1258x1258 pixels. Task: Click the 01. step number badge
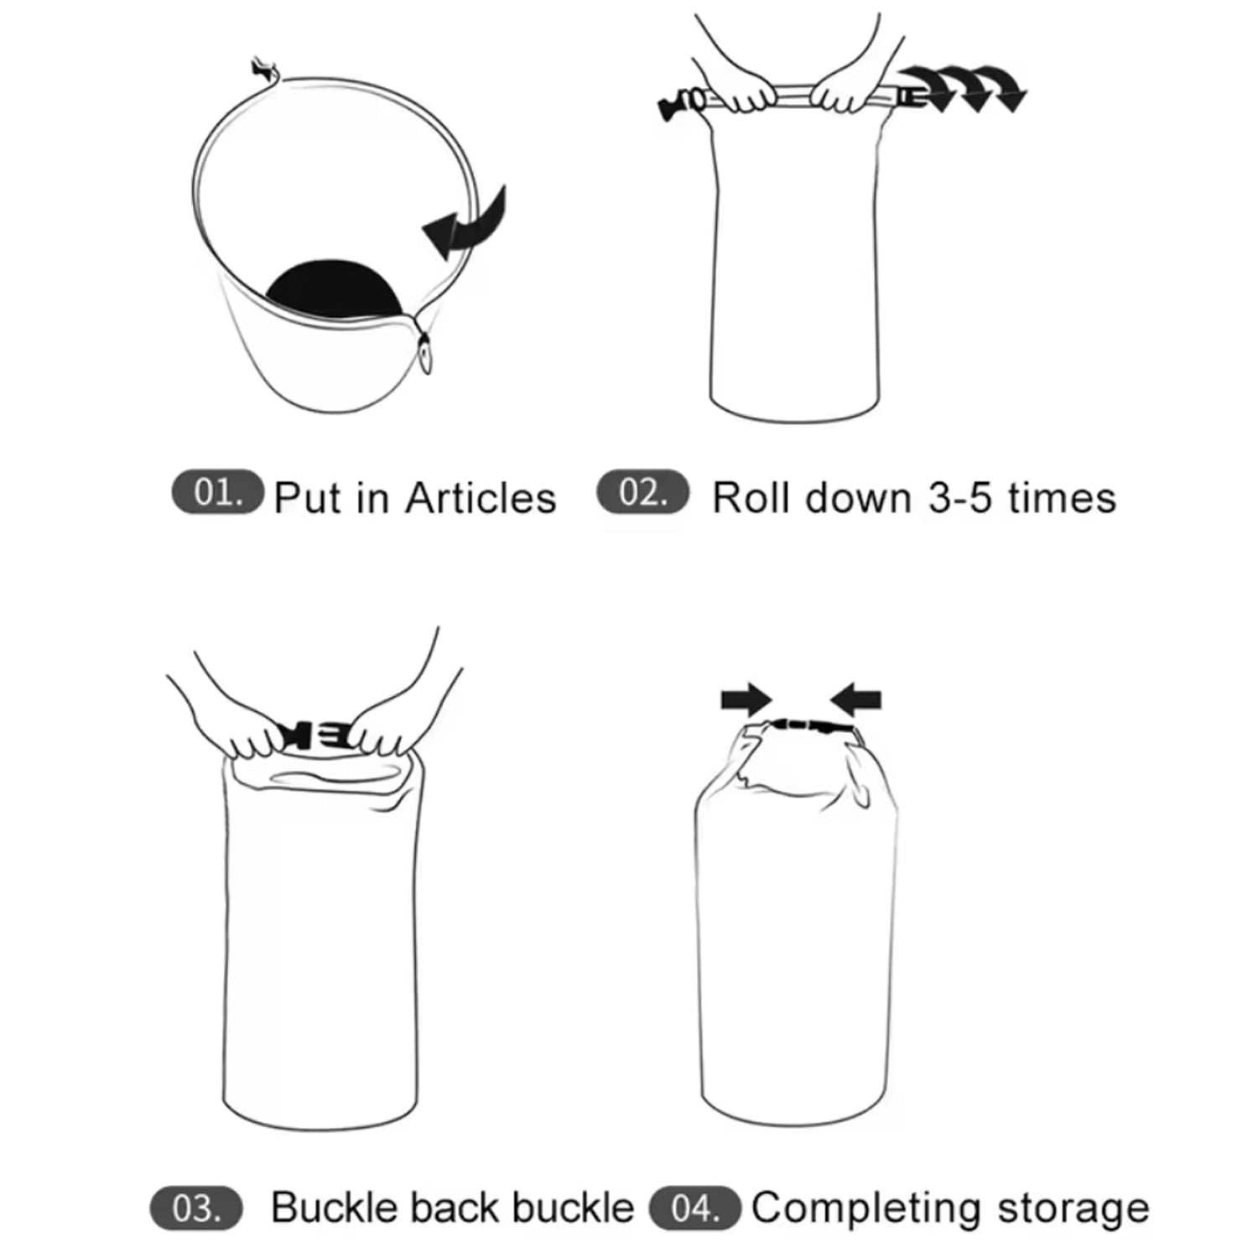217,492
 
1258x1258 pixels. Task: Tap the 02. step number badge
642,492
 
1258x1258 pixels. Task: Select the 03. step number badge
196,1209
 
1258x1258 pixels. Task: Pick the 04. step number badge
695,1209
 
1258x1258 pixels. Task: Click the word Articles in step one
481,498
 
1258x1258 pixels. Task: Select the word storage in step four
1073,1209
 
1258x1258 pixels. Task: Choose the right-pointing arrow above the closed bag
746,699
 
